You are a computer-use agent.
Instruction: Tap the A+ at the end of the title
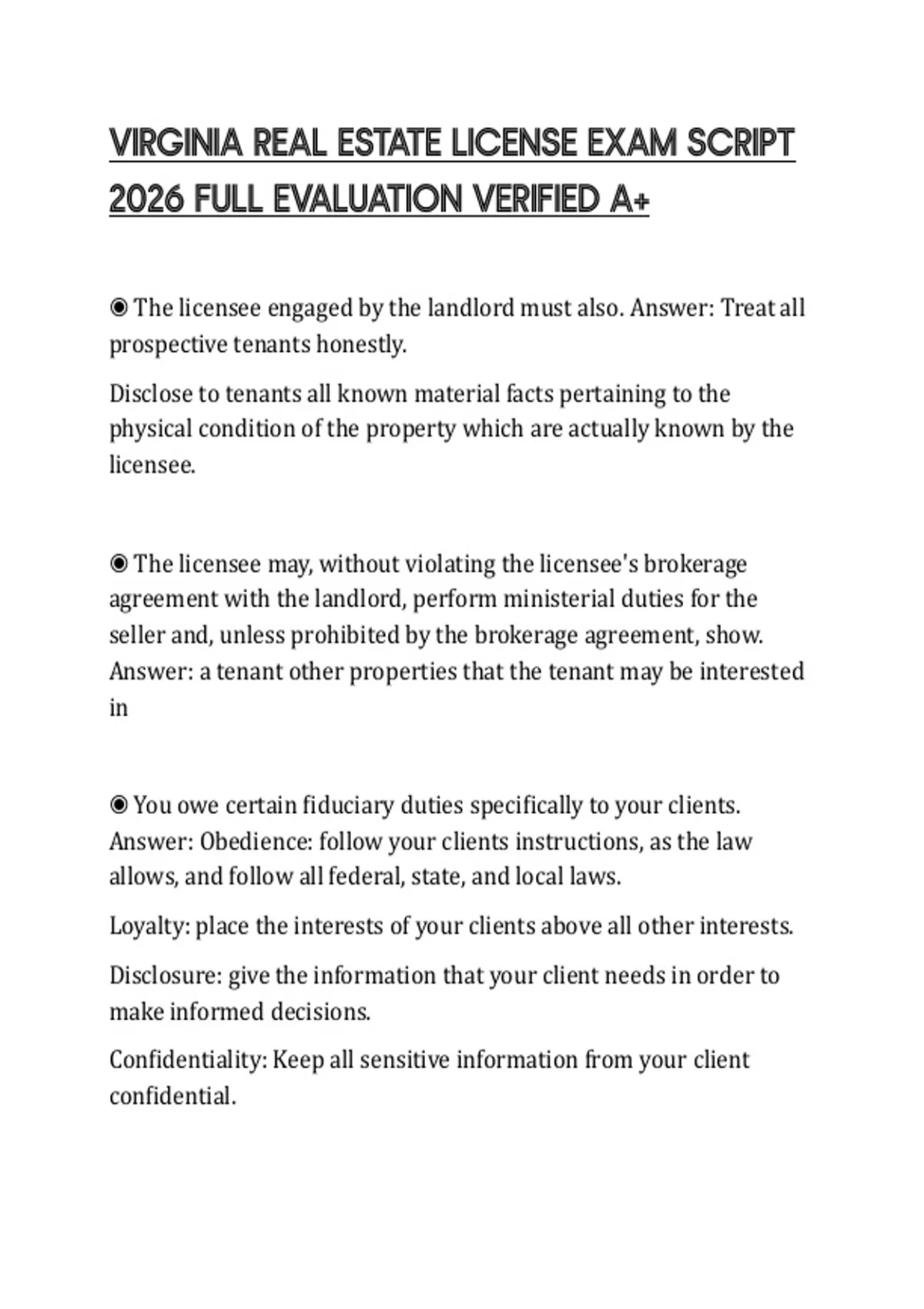(629, 200)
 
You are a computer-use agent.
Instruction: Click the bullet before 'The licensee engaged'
(119, 308)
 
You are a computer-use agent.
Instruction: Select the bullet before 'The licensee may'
(119, 564)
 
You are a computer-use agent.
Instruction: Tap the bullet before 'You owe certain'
(119, 805)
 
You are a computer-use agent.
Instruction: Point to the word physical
(150, 429)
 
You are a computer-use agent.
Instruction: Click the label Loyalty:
(149, 926)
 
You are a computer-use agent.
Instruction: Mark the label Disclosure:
(166, 976)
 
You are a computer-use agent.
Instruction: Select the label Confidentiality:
(188, 1060)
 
